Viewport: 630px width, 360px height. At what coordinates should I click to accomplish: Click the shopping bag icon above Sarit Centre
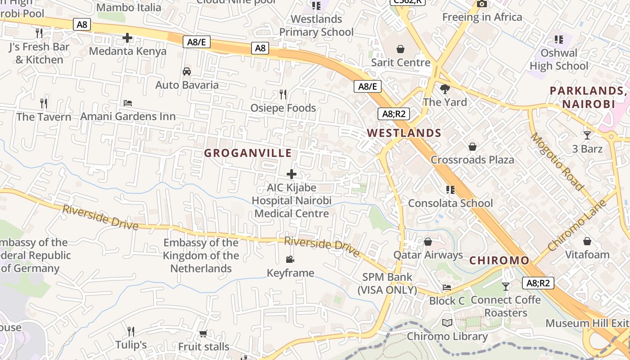[x=400, y=49]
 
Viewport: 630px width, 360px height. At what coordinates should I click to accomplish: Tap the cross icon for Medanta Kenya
[x=127, y=38]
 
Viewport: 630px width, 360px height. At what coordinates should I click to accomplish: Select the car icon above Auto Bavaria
[x=187, y=71]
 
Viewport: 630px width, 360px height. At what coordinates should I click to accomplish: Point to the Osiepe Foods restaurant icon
[x=283, y=94]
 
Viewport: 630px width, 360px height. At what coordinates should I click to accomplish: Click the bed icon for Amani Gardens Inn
[x=128, y=103]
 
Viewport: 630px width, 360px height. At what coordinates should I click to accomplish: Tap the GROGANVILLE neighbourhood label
[x=248, y=153]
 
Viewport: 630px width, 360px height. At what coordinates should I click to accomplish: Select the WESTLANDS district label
[x=404, y=133]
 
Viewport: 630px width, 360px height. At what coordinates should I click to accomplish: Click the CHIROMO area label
[x=499, y=261]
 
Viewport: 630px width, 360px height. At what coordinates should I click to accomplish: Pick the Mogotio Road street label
[x=557, y=162]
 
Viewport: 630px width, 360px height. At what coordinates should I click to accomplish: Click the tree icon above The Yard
[x=445, y=89]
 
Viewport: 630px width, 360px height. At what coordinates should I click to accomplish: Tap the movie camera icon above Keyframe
[x=290, y=259]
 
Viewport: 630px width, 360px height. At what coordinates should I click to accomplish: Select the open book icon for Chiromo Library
[x=447, y=323]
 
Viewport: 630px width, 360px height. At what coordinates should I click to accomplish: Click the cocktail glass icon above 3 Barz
[x=587, y=135]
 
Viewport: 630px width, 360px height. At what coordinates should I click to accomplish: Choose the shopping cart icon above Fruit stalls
[x=203, y=333]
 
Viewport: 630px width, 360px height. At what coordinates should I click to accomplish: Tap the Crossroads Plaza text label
[x=472, y=160]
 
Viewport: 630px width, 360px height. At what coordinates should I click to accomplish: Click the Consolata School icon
[x=450, y=190]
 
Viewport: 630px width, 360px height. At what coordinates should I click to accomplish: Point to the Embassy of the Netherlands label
[x=201, y=256]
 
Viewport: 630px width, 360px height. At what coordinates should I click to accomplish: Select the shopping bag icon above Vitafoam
[x=587, y=241]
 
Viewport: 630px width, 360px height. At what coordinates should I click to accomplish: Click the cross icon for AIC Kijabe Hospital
[x=292, y=174]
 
